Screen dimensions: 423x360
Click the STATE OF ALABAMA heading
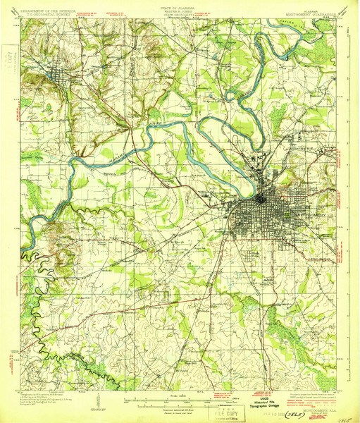coord(180,5)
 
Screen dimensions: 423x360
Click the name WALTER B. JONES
coord(180,8)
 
